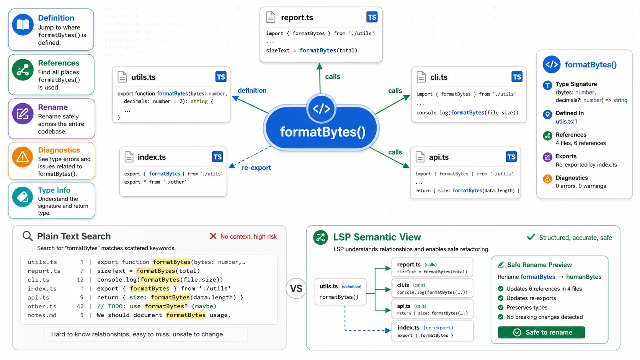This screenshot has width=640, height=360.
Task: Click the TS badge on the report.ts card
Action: click(372, 17)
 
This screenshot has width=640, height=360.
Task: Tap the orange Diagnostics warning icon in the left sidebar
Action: click(23, 157)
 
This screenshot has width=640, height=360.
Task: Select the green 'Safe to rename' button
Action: click(541, 332)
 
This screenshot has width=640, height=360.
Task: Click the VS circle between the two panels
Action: click(296, 288)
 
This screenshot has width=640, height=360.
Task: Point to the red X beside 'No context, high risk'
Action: click(213, 236)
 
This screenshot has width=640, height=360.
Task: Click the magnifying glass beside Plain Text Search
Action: click(28, 236)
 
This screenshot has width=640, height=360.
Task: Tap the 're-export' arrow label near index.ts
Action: click(256, 168)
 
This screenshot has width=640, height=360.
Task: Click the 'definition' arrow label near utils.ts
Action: click(252, 91)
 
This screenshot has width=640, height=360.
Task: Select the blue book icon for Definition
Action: click(23, 24)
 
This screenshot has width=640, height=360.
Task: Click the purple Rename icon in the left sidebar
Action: click(23, 114)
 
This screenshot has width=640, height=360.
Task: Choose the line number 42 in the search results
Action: click(80, 306)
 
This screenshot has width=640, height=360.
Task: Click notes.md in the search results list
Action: click(42, 315)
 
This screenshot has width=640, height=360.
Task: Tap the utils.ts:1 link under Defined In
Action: click(566, 122)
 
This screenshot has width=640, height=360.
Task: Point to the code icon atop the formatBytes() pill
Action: click(321, 109)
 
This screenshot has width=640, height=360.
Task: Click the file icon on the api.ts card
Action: click(420, 157)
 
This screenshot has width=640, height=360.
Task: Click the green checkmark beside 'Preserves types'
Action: click(500, 308)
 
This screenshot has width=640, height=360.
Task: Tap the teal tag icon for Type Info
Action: click(23, 197)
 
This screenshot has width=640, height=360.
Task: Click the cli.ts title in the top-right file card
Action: click(439, 77)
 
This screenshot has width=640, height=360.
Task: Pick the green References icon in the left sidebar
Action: click(23, 70)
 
